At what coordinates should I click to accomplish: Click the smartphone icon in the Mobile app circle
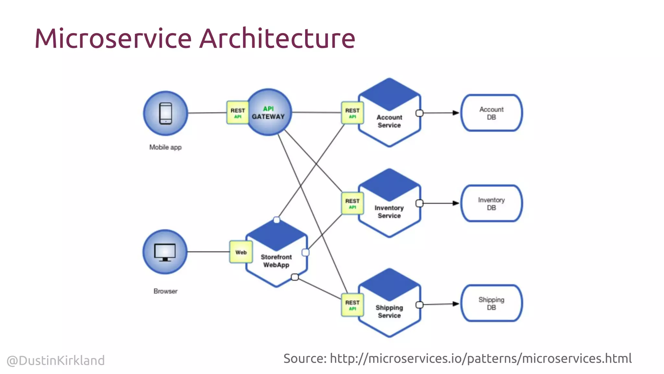[x=166, y=113]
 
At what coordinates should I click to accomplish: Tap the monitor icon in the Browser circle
[x=165, y=252]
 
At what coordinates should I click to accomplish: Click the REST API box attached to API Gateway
[x=237, y=113]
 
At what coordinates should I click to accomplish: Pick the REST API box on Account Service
[x=352, y=113]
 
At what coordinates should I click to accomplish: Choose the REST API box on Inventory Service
[x=352, y=203]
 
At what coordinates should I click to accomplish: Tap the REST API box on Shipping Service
[x=352, y=305]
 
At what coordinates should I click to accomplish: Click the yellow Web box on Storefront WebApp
[x=241, y=252]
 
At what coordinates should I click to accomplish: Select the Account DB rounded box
[x=491, y=113]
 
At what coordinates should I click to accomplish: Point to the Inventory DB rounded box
[x=491, y=204]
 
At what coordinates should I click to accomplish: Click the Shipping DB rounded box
[x=491, y=303]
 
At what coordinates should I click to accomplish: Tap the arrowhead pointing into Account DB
[x=456, y=113]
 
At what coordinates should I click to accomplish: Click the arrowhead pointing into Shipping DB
[x=456, y=304]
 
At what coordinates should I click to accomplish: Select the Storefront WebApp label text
[x=276, y=261]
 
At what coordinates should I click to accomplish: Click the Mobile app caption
[x=165, y=147]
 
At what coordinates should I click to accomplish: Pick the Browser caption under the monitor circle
[x=165, y=291]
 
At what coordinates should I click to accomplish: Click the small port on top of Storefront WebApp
[x=277, y=220]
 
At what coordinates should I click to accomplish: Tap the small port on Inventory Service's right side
[x=420, y=203]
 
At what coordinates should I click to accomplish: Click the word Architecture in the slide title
[x=277, y=38]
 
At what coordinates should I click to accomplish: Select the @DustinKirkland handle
[x=56, y=360]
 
